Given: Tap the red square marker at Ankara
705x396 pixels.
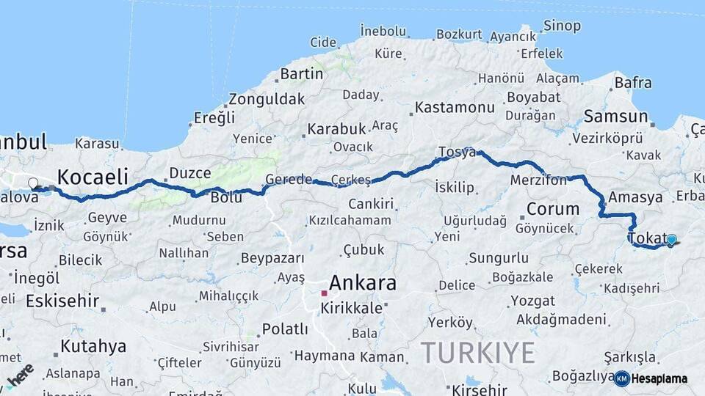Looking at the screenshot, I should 324,293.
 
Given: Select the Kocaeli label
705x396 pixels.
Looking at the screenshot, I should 93,177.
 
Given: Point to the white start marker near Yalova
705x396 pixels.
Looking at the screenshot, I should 33,183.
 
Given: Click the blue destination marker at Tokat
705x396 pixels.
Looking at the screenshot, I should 671,239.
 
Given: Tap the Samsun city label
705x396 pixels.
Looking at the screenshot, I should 615,117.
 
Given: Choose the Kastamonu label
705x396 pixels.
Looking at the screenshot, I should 455,108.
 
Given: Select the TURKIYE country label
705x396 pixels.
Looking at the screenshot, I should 477,353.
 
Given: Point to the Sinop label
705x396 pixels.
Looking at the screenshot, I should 562,26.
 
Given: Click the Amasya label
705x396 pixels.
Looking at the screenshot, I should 635,198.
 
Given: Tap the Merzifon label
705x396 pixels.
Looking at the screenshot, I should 538,181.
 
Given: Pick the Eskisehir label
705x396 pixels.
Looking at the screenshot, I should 62,301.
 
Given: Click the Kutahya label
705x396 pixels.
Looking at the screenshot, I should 93,346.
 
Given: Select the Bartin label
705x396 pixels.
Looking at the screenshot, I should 301,73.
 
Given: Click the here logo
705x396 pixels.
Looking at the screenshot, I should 20,375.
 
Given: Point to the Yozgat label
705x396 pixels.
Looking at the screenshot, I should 532,301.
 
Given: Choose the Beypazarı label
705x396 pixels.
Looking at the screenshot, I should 272,259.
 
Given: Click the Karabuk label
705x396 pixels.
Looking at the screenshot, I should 336,129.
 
